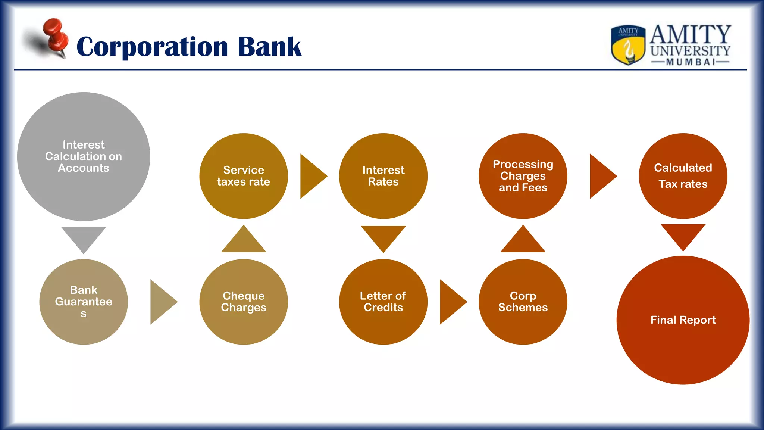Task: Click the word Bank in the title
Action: pos(269,47)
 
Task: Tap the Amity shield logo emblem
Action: pos(628,45)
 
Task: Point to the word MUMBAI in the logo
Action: pos(691,62)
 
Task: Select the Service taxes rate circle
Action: pos(244,176)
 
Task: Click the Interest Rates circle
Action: pos(383,176)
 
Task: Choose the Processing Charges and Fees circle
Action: pos(523,176)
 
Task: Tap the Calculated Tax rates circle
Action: pos(683,176)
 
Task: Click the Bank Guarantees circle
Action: pos(84,302)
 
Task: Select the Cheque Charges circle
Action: pos(244,302)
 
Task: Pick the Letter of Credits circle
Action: pos(383,302)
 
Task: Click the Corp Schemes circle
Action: pos(523,302)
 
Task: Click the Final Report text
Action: pos(683,320)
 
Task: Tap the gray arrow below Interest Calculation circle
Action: pos(84,237)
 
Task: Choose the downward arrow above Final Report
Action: pos(683,234)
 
